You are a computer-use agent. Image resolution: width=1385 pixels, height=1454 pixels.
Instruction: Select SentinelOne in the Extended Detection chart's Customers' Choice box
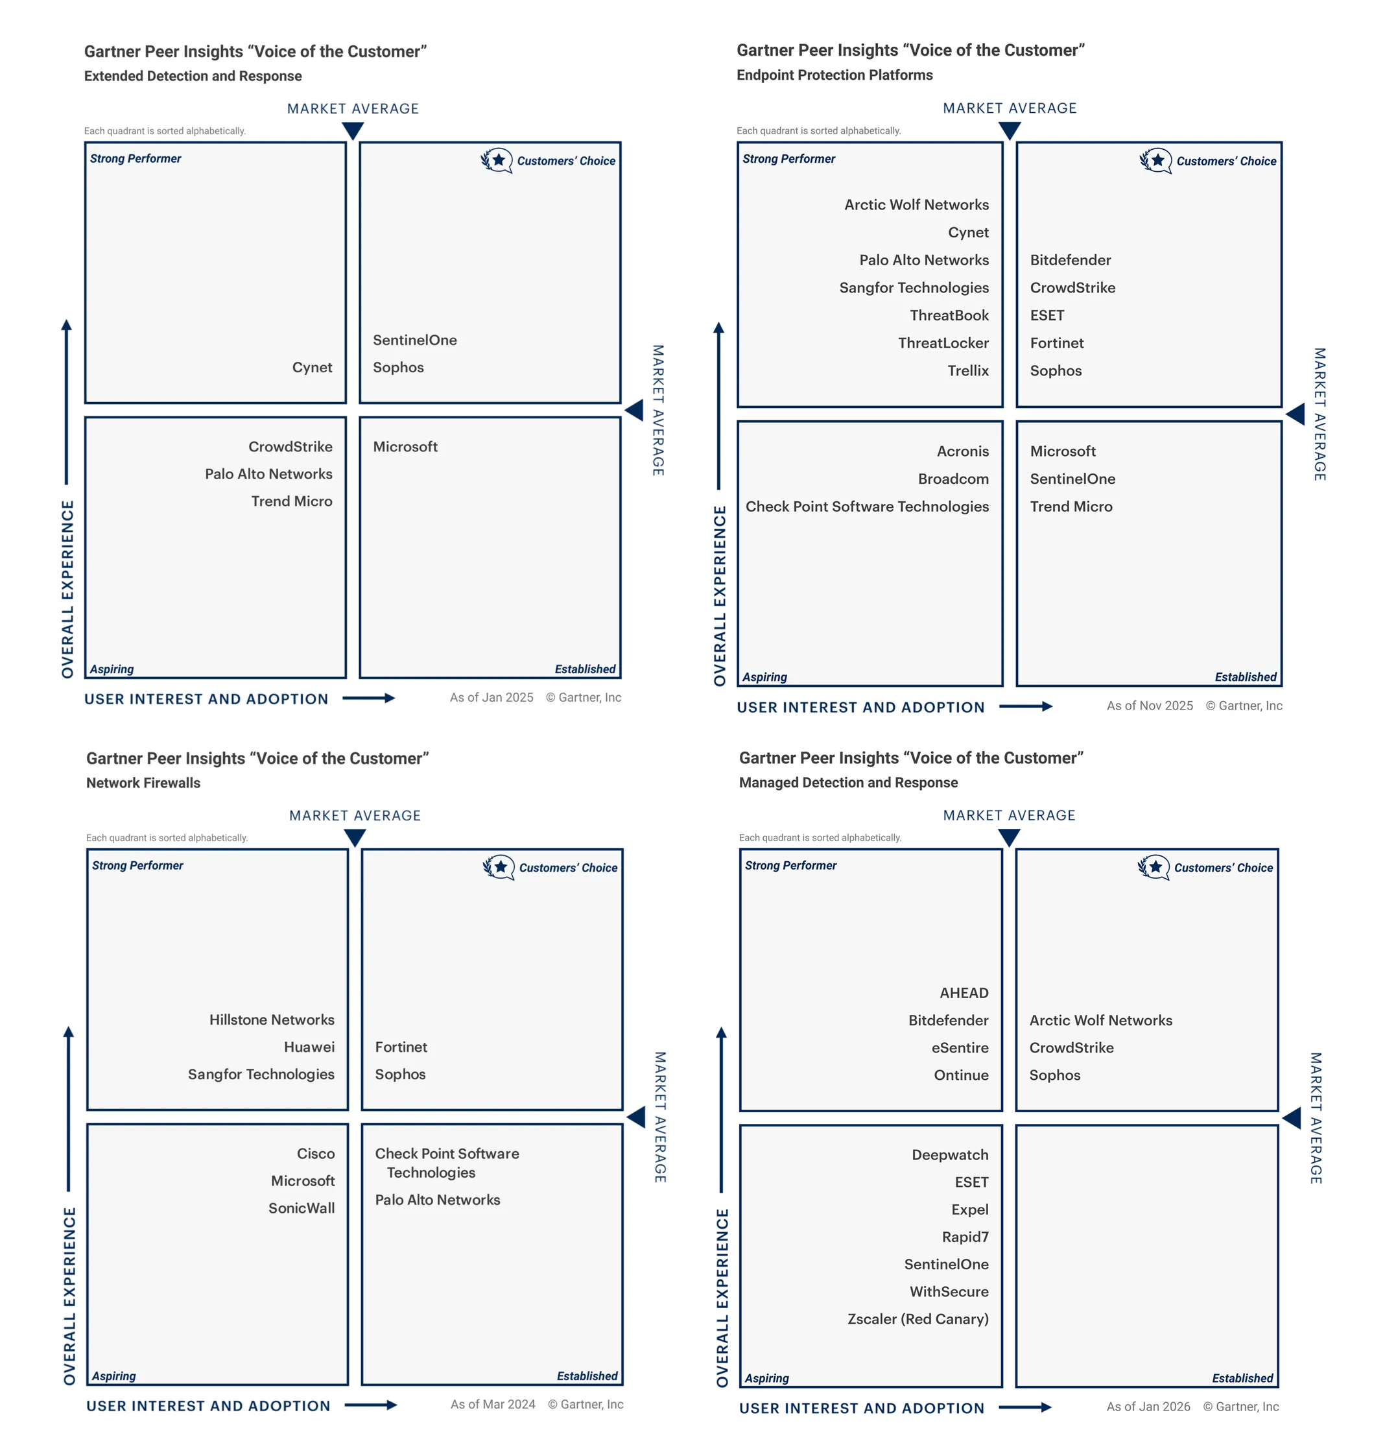(414, 340)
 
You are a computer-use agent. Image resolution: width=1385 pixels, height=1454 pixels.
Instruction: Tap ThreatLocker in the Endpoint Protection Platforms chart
(943, 342)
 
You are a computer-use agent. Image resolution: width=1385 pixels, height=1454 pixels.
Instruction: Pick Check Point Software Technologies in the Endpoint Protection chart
(867, 507)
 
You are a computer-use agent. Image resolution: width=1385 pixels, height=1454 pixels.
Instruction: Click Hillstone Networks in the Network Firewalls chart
(272, 1019)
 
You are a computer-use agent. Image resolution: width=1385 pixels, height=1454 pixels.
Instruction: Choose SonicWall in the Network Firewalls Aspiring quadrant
(302, 1208)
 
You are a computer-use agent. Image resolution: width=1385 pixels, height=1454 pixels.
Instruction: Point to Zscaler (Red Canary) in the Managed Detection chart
(917, 1319)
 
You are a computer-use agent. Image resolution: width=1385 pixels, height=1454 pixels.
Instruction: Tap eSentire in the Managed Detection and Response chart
(960, 1047)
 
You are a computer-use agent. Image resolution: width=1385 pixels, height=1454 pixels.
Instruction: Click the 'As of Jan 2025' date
(491, 697)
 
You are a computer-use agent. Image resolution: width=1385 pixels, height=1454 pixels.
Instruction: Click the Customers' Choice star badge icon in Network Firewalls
(499, 867)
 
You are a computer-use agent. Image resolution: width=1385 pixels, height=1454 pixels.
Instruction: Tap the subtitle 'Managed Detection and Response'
(848, 782)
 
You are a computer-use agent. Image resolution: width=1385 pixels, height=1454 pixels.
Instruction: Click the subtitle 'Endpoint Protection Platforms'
(835, 75)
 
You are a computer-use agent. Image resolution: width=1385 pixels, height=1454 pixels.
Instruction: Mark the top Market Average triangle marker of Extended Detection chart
(353, 131)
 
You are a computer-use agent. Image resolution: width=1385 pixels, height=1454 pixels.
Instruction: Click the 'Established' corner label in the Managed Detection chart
(1242, 1378)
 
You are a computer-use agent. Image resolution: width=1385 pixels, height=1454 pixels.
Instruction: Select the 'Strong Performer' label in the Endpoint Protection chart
(788, 159)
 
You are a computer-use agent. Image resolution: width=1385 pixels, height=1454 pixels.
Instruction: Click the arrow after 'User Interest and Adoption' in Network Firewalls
(371, 1405)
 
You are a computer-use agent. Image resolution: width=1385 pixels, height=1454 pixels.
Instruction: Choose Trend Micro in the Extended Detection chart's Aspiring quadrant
(292, 501)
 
